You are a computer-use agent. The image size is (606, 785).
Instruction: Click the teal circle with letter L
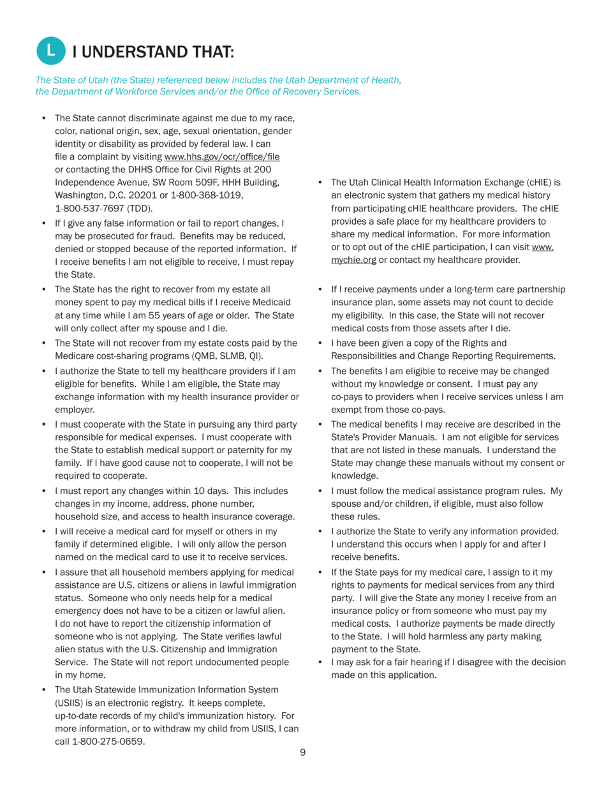pos(52,51)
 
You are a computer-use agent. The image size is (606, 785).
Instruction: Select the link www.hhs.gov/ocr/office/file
pos(222,157)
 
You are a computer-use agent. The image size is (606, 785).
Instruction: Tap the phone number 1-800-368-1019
pos(210,195)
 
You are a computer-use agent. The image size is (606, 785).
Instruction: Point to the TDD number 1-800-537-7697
pos(89,208)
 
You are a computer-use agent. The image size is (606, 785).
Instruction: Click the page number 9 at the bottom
pos(303,752)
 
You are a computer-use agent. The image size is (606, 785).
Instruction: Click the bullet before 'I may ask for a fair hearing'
pos(321,662)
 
